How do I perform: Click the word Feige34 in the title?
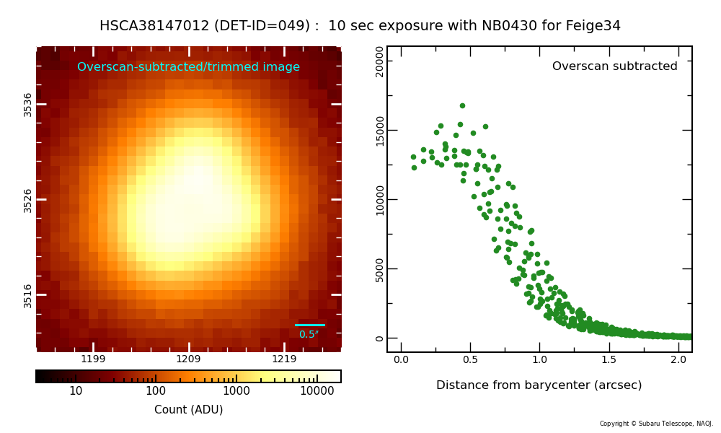pyautogui.click(x=595, y=26)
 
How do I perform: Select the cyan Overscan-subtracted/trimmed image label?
pyautogui.click(x=188, y=67)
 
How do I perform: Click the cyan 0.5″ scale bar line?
pyautogui.click(x=310, y=325)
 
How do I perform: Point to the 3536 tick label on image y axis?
pyautogui.click(x=28, y=104)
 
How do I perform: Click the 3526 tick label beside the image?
pyautogui.click(x=28, y=200)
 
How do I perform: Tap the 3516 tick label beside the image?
pyautogui.click(x=28, y=295)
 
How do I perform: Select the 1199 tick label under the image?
pyautogui.click(x=93, y=359)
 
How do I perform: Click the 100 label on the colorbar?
pyautogui.click(x=156, y=391)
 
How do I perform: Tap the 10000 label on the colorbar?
pyautogui.click(x=317, y=391)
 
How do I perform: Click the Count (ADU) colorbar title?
pyautogui.click(x=188, y=410)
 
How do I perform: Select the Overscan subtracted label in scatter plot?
pyautogui.click(x=614, y=66)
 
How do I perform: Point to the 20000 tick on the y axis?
pyautogui.click(x=380, y=61)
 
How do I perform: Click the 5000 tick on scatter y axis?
pyautogui.click(x=380, y=269)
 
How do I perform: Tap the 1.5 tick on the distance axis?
pyautogui.click(x=609, y=359)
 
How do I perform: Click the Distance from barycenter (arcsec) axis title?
pyautogui.click(x=539, y=385)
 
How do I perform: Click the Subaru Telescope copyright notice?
pyautogui.click(x=656, y=424)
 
